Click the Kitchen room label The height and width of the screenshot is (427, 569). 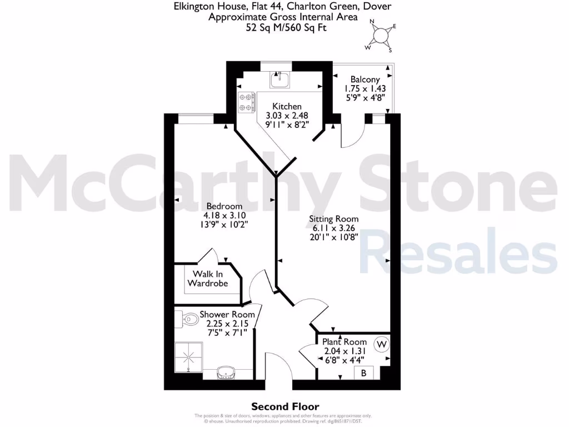(x=287, y=106)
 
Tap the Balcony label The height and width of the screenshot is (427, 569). (x=365, y=80)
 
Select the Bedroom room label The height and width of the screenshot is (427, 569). (x=224, y=206)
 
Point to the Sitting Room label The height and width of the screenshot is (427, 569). (x=333, y=219)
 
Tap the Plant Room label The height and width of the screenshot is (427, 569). (x=345, y=341)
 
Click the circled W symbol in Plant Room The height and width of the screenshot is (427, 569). (x=382, y=345)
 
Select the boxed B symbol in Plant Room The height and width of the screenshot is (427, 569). (x=364, y=373)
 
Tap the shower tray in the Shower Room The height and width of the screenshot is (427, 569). (x=188, y=356)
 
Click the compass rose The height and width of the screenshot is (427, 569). (x=381, y=36)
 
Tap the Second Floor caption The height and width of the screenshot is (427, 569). (x=286, y=407)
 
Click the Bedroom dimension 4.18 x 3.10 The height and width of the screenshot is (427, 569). (x=224, y=215)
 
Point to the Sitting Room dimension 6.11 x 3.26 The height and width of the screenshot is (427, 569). (x=333, y=227)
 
